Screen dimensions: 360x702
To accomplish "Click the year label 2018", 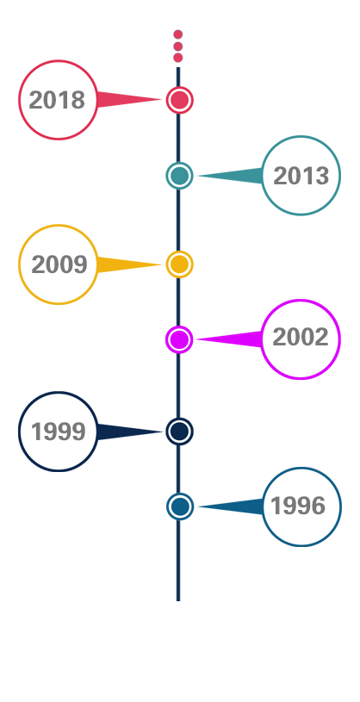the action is pos(57,100).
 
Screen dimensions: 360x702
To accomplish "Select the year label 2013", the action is pos(301,176).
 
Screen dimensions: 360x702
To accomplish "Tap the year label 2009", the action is pos(59,264).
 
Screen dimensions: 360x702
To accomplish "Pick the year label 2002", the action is pos(301,337).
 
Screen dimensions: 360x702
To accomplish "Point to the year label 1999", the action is pos(59,432).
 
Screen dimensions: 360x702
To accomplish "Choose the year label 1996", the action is pos(298,506).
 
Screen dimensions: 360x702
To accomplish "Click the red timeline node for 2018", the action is pos(179,100).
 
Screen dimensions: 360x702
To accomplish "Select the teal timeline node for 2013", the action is pos(179,176).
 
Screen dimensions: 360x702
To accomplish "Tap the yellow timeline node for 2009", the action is pos(179,264).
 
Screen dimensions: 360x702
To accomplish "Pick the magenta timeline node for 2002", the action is pos(179,339).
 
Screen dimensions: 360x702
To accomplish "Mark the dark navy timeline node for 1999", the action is pos(179,432).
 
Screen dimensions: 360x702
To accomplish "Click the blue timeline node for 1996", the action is pos(179,506).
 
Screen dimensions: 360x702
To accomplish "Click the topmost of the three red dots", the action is pos(177,34).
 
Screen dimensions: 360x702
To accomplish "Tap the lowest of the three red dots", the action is pos(177,58).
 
